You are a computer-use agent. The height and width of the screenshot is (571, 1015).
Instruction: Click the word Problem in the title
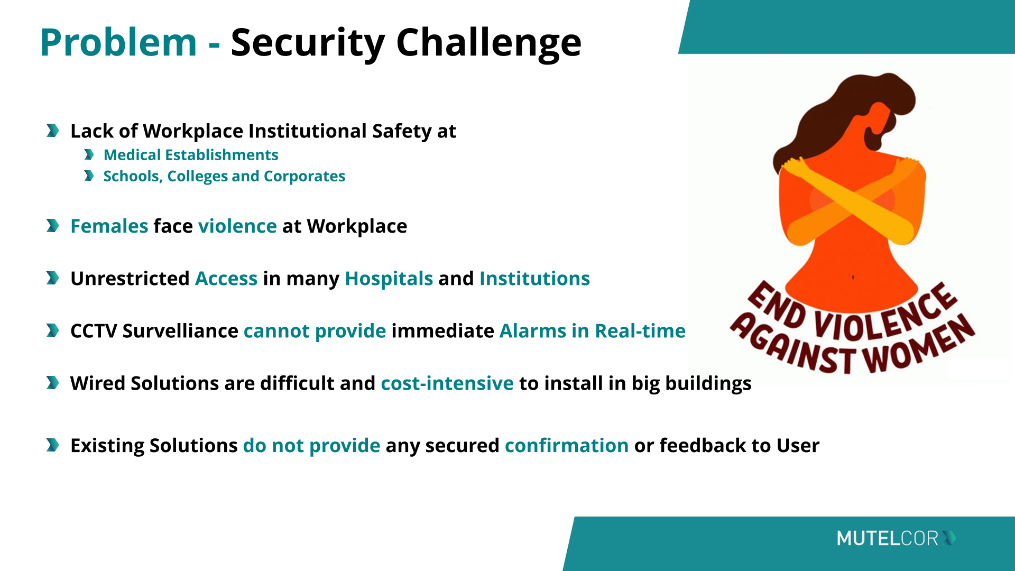[x=118, y=42]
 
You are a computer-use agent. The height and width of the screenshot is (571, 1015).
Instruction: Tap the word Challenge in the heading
[x=488, y=43]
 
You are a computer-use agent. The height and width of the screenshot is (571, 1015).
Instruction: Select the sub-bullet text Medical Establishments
[x=191, y=155]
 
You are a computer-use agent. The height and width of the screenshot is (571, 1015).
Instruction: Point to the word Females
[x=109, y=226]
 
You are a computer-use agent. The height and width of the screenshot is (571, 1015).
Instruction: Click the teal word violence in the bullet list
[x=237, y=226]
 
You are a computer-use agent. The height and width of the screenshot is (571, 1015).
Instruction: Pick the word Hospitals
[x=389, y=279]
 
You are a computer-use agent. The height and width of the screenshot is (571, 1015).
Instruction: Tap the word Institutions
[x=534, y=279]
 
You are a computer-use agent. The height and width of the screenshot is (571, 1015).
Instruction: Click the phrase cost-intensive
[x=447, y=383]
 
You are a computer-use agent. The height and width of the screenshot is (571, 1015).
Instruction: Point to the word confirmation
[x=567, y=446]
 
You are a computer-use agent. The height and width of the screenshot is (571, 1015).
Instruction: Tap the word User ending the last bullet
[x=798, y=446]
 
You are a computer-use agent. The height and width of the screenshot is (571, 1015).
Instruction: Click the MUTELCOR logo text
[x=888, y=538]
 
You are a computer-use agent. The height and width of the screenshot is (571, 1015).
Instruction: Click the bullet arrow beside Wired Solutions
[x=52, y=383]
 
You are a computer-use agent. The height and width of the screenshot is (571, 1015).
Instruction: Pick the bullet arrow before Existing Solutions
[x=52, y=445]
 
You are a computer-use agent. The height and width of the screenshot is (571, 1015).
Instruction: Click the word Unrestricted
[x=130, y=279]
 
